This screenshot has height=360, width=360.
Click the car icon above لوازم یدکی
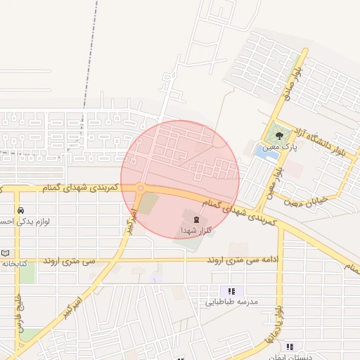pos(21,210)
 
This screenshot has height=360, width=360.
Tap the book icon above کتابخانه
pos(6,253)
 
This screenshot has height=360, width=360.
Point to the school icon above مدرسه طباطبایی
pos(231,291)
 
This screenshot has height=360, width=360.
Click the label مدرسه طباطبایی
pos(232,302)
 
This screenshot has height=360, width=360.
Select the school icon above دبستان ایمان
pos(290,346)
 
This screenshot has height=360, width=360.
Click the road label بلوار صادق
pos(298,81)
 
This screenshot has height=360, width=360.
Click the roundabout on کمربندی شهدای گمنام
pos(140,188)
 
